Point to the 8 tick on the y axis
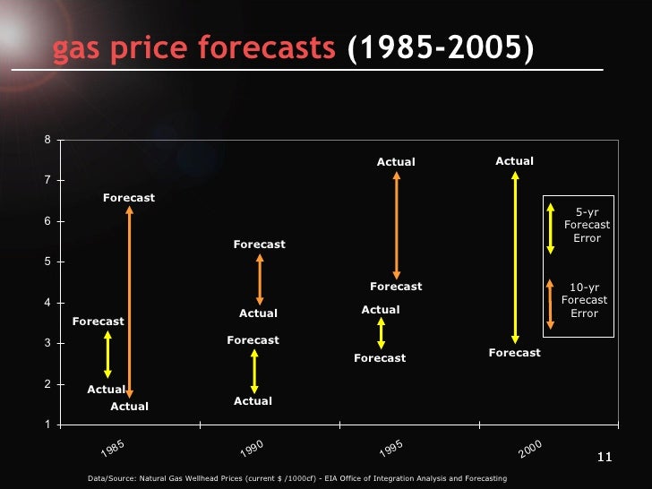[47, 140]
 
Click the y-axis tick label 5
[47, 262]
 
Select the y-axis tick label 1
[47, 425]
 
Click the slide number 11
[603, 459]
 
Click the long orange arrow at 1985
[130, 302]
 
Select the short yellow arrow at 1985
[107, 355]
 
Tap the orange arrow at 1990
[260, 279]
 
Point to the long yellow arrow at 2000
[515, 257]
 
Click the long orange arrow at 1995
[396, 225]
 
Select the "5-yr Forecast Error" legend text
[587, 225]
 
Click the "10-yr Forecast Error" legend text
[585, 301]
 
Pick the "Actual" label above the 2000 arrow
[514, 161]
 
